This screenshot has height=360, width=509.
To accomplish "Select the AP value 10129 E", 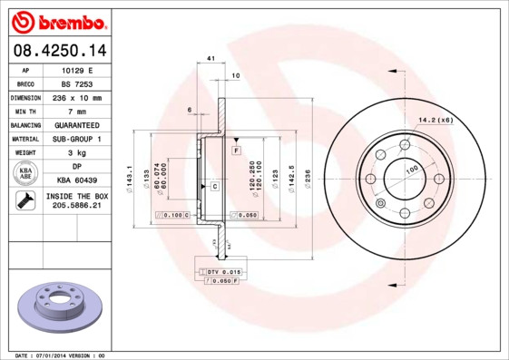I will (76, 69).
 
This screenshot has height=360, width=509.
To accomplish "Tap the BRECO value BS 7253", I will (76, 83).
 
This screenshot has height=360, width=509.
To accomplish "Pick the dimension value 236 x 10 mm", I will (76, 97).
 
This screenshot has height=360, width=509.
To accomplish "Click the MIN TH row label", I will (25, 111).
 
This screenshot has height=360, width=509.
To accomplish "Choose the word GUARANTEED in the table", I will (76, 124).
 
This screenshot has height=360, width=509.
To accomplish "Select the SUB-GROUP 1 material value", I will (76, 139).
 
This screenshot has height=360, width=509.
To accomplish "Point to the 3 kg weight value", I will (76, 152).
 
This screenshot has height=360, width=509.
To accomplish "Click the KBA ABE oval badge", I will (25, 173).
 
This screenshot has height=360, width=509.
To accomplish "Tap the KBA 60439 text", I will (76, 180).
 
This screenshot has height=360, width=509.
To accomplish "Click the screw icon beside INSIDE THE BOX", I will (25, 201).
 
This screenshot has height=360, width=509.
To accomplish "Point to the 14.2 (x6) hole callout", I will (436, 118).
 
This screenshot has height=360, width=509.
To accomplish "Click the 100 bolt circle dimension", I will (411, 170).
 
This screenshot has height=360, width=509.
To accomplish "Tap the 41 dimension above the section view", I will (210, 59).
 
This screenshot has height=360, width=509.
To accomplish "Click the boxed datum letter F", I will (235, 148).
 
